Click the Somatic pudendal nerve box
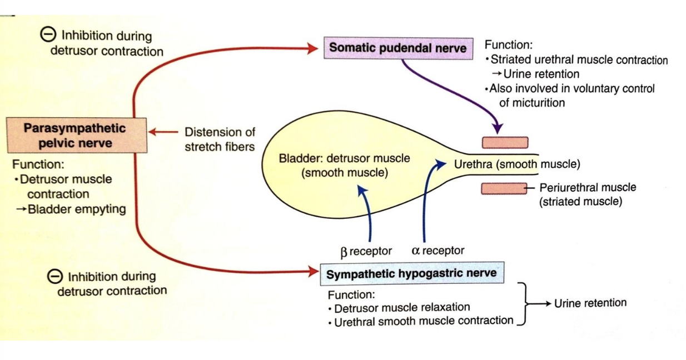(x=397, y=48)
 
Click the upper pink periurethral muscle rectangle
(x=505, y=143)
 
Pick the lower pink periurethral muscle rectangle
(x=504, y=189)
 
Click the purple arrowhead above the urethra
(x=498, y=129)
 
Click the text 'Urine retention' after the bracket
(x=590, y=303)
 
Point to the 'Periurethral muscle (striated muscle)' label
(x=587, y=194)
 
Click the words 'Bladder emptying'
(x=77, y=209)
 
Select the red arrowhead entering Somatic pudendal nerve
(x=314, y=49)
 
